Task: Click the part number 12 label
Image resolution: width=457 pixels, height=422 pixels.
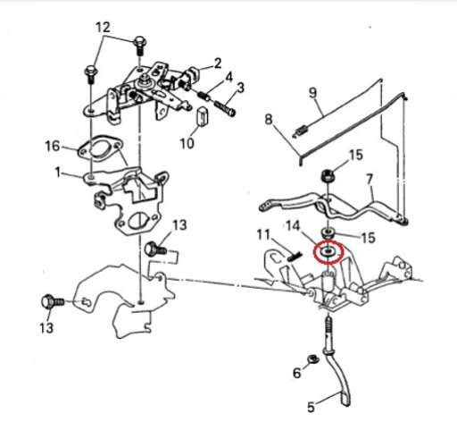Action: [104, 28]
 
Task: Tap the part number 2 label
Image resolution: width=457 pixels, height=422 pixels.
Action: [218, 63]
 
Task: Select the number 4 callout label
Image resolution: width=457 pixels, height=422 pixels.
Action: [228, 77]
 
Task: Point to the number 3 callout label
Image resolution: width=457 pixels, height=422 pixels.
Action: [240, 88]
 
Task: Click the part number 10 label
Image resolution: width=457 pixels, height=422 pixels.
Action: [187, 143]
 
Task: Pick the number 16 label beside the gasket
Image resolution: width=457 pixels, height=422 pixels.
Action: [53, 147]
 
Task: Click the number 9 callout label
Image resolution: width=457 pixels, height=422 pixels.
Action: [312, 93]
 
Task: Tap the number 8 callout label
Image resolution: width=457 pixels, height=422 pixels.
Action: [269, 120]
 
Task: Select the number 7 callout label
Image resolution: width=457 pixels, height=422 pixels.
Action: [370, 180]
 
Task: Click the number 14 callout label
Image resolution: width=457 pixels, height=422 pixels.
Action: [293, 226]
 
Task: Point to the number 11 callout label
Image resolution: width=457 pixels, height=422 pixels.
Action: [263, 234]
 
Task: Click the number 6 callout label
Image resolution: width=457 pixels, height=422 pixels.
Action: [297, 373]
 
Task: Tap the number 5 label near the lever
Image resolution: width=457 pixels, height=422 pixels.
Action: [311, 407]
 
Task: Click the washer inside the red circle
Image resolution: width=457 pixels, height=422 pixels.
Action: [328, 251]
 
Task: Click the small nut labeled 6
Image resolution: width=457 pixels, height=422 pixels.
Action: [312, 359]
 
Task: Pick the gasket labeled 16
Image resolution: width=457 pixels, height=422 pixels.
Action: [100, 148]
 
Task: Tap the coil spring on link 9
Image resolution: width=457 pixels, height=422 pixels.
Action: [301, 131]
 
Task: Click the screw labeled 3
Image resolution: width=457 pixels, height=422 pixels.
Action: [225, 108]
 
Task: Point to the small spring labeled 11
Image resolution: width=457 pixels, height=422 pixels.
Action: [295, 257]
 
